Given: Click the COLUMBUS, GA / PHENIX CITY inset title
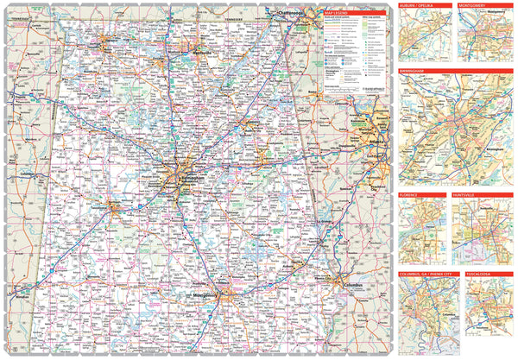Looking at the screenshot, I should click(427, 275).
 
